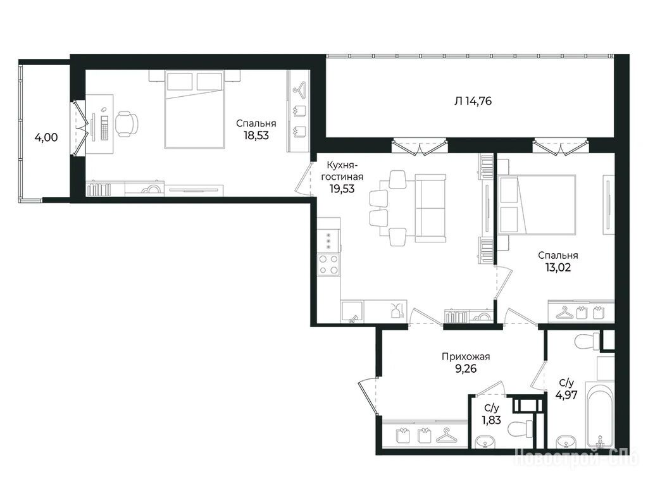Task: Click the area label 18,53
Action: (256, 135)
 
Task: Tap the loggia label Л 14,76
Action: (473, 101)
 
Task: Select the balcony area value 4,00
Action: (46, 137)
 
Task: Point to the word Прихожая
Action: (465, 356)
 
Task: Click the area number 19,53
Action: (342, 189)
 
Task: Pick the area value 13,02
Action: (558, 268)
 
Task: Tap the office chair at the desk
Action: (126, 123)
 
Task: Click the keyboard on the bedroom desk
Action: (104, 127)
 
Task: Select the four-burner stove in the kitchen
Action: (328, 265)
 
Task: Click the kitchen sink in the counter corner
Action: (352, 311)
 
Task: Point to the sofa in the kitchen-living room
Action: (430, 208)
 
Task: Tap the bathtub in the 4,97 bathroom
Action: (600, 416)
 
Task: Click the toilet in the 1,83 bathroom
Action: (520, 429)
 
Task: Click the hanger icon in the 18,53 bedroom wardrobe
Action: (299, 88)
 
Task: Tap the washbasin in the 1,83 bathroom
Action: (485, 442)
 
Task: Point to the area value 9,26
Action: (466, 368)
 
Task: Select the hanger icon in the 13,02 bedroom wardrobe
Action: (563, 313)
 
